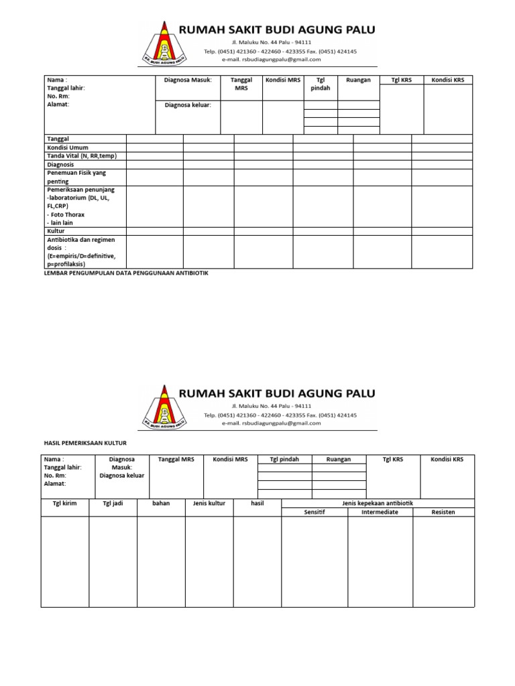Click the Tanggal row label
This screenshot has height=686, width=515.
click(x=58, y=139)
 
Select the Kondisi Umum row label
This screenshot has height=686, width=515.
click(x=67, y=147)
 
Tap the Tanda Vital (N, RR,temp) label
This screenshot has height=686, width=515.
click(x=81, y=156)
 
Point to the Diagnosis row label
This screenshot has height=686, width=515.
click(x=60, y=164)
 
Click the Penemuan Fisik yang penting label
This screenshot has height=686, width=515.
click(x=76, y=177)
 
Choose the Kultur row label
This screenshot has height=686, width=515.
click(x=56, y=231)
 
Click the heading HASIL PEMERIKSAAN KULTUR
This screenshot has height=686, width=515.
click(x=85, y=443)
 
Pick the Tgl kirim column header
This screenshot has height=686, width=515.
click(x=65, y=503)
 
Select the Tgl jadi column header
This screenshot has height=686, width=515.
click(x=113, y=503)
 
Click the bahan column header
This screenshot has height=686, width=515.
click(x=161, y=503)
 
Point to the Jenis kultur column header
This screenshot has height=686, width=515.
click(x=209, y=503)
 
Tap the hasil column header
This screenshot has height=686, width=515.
click(x=257, y=503)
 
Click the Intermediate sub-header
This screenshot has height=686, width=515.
click(x=380, y=512)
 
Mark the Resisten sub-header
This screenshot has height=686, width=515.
click(x=443, y=512)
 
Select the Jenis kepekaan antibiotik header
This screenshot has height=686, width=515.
click(x=378, y=503)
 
